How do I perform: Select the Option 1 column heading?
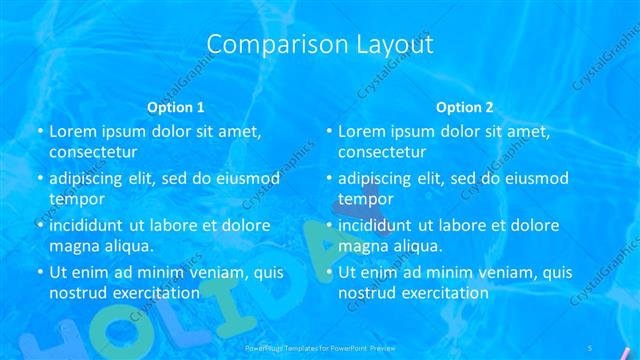point(176,106)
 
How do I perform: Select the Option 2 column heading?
point(465,106)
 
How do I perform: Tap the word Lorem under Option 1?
point(72,131)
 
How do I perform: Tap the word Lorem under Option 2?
point(361,131)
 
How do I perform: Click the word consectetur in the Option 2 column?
point(382,152)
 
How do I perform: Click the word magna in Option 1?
point(74,246)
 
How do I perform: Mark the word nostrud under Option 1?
point(79,293)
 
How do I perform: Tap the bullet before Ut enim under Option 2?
point(329,273)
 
